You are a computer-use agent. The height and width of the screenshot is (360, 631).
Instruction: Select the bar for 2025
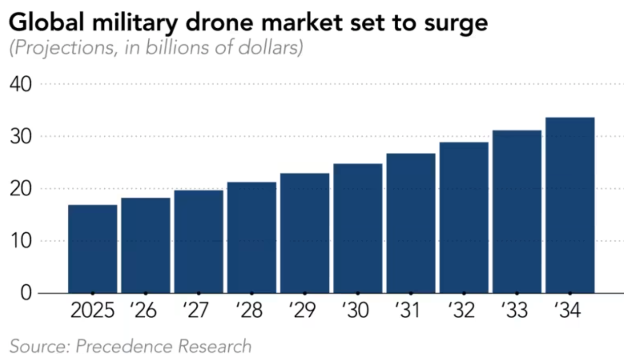(92, 249)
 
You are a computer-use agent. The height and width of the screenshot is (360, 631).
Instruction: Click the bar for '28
(252, 237)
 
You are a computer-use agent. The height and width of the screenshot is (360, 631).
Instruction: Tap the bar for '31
(411, 223)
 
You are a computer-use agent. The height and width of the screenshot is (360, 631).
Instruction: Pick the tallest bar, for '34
(570, 205)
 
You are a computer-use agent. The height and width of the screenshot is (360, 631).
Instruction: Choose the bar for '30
(358, 228)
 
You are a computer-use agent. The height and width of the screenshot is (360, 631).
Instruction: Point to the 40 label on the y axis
(21, 84)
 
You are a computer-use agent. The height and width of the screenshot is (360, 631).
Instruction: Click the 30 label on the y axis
(21, 136)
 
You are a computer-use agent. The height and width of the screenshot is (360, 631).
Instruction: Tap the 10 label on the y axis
(21, 241)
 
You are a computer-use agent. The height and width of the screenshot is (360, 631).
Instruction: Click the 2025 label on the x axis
(92, 311)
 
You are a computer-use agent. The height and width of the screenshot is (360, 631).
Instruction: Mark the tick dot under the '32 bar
(464, 293)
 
